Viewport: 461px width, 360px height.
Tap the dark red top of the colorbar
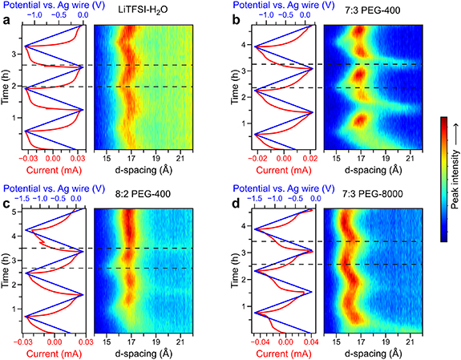442,121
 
